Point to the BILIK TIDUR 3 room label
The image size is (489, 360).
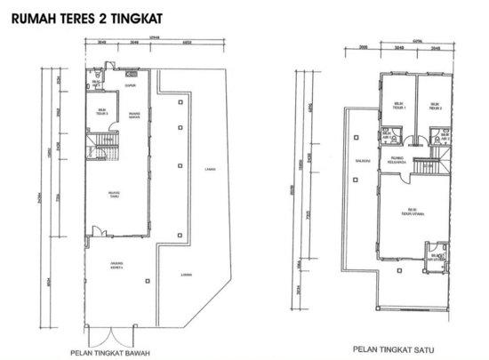coord(102,112)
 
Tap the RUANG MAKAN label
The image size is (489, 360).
coord(132,113)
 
